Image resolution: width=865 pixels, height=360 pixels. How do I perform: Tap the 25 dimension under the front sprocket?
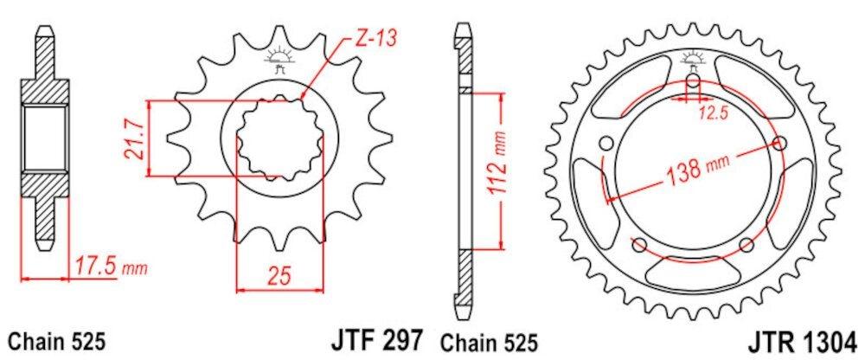point(279,276)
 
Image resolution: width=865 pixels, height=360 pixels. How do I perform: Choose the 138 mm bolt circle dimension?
point(697,170)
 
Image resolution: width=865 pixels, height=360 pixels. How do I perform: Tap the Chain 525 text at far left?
point(57,339)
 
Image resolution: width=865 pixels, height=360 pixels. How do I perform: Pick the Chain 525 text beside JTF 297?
point(490,339)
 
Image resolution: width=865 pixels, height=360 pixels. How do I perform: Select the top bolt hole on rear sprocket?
point(694,83)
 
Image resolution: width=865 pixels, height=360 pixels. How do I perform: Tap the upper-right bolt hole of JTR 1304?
point(782,143)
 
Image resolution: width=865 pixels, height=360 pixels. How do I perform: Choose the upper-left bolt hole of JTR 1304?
point(605,143)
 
